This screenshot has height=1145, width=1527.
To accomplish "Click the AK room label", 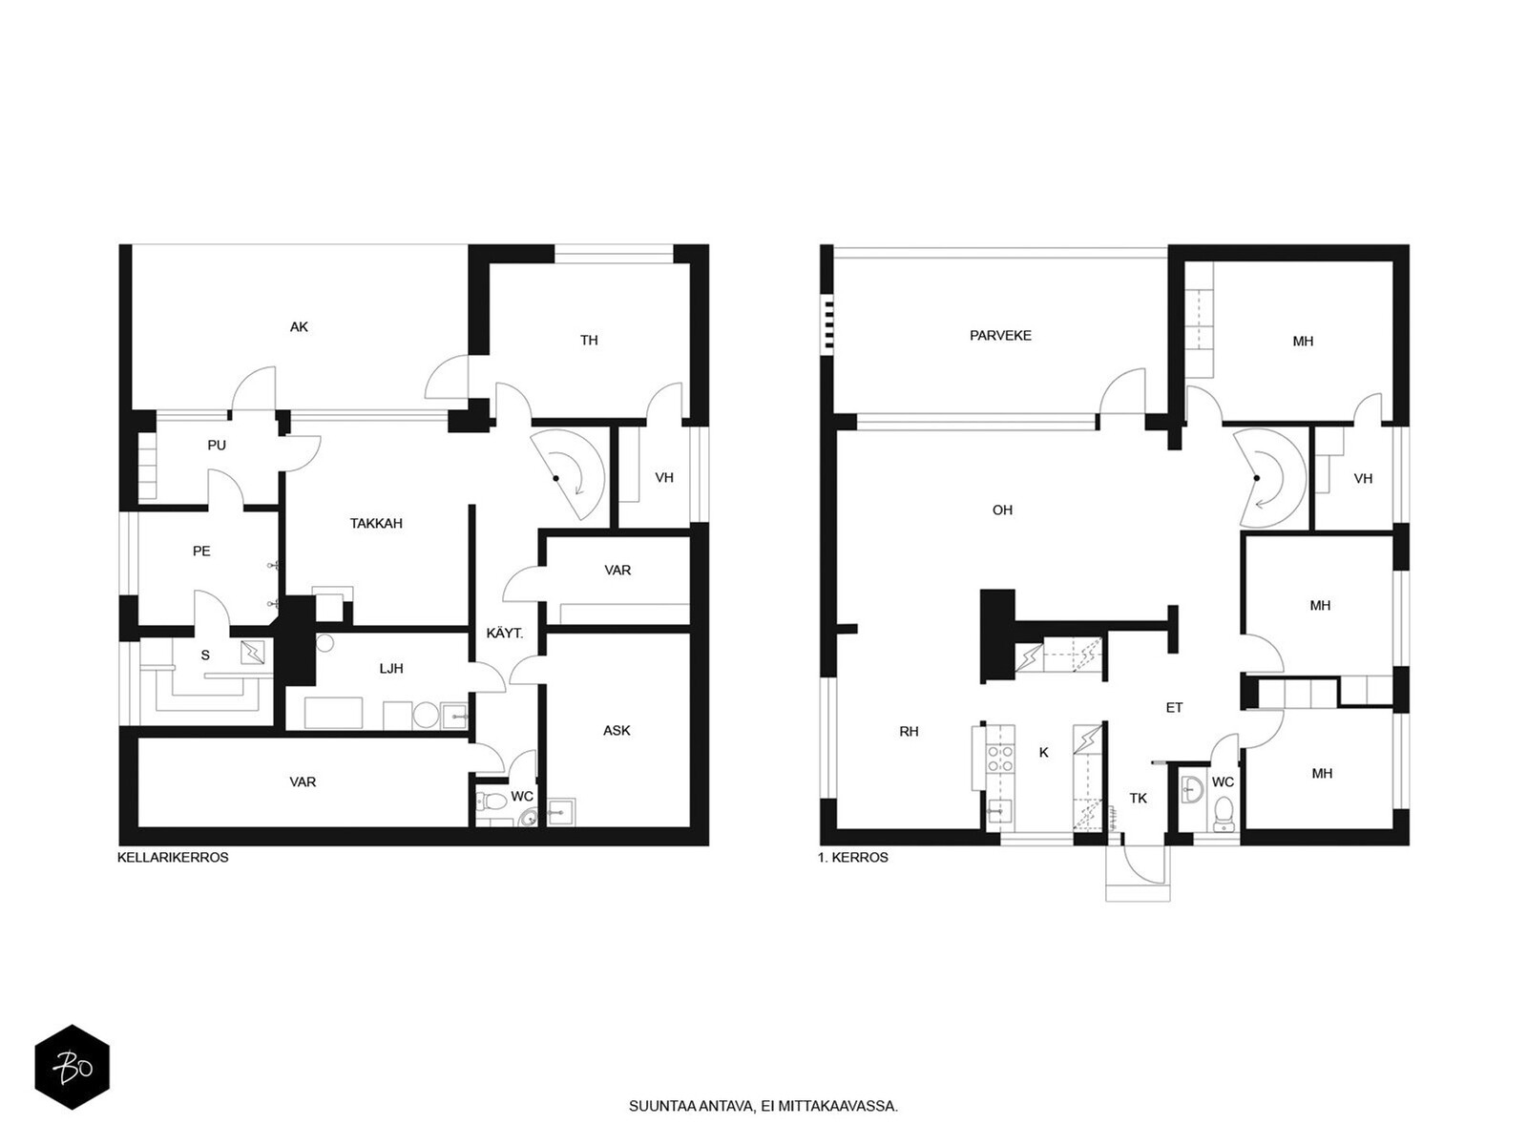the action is [x=299, y=326].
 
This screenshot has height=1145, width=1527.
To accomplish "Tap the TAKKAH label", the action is [x=376, y=524].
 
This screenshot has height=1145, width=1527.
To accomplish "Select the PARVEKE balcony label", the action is [x=999, y=336].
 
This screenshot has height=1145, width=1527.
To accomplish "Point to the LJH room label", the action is [x=391, y=669].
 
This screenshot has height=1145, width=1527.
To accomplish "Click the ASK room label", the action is [x=617, y=731].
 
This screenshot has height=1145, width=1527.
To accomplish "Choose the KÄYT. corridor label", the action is [x=504, y=634].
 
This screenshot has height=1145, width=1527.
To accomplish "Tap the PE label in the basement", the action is [x=201, y=552].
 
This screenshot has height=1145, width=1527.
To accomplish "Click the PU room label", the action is [x=217, y=446].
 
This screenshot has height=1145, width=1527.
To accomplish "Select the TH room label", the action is [x=589, y=341].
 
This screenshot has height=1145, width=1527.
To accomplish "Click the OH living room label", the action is [x=1002, y=510].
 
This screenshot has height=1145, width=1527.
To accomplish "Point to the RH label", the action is [x=909, y=731].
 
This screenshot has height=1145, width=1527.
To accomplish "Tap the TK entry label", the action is [x=1138, y=799].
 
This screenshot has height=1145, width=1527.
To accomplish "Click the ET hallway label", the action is [x=1174, y=708].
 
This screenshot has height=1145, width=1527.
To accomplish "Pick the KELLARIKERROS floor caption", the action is [x=173, y=858].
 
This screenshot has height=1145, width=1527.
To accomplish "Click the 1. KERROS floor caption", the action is [x=853, y=858].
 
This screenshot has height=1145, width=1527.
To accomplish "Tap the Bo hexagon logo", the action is [x=73, y=1067].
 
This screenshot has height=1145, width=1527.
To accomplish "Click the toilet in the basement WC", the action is [x=492, y=801].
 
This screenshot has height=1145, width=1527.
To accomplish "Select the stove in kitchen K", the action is [x=999, y=759].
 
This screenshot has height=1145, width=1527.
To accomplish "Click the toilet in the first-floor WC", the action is [x=1222, y=813].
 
